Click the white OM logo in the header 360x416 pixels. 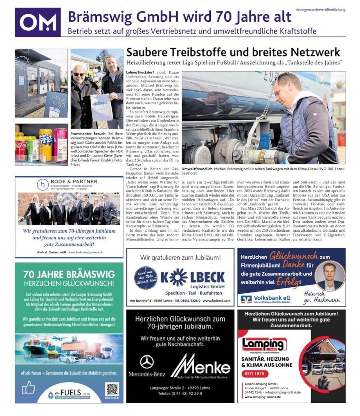click(38, 22)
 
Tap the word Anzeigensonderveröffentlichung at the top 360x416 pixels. click(320, 10)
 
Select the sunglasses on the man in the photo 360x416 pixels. click(79, 74)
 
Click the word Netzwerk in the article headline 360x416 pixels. click(315, 52)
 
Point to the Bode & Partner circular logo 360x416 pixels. click(43, 185)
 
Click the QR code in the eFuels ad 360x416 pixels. click(112, 389)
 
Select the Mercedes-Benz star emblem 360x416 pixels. click(147, 362)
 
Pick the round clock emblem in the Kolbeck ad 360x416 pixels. click(146, 278)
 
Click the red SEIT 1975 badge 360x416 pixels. click(255, 374)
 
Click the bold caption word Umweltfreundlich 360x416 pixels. click(197, 169)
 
